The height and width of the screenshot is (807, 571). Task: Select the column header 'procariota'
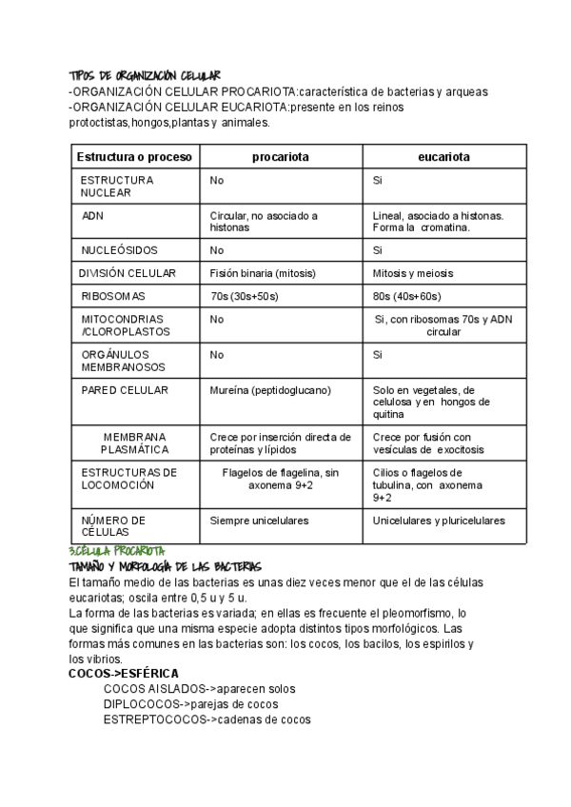[x=281, y=156]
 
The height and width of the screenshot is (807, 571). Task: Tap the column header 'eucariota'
[x=443, y=156]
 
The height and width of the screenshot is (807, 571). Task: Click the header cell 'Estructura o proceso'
[x=134, y=156]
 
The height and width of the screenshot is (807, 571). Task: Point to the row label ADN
[x=93, y=216]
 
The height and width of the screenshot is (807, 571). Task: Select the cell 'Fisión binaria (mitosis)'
[x=263, y=273]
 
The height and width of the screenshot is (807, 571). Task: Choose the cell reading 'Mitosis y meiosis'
[x=413, y=273]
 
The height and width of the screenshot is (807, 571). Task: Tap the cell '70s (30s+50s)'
[x=245, y=296]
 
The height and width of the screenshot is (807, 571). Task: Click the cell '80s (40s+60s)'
[x=407, y=296]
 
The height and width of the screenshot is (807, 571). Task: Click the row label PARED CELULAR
[x=125, y=390]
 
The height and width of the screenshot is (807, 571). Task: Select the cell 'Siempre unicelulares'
[x=259, y=521]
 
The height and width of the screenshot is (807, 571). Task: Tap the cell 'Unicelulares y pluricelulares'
[x=439, y=521]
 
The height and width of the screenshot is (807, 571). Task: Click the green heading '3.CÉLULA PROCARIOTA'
[x=117, y=551]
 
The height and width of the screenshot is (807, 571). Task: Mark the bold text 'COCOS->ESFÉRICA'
[x=124, y=673]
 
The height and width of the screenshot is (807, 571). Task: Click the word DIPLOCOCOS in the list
[x=142, y=704]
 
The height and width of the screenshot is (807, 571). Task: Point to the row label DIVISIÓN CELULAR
[x=128, y=273]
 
